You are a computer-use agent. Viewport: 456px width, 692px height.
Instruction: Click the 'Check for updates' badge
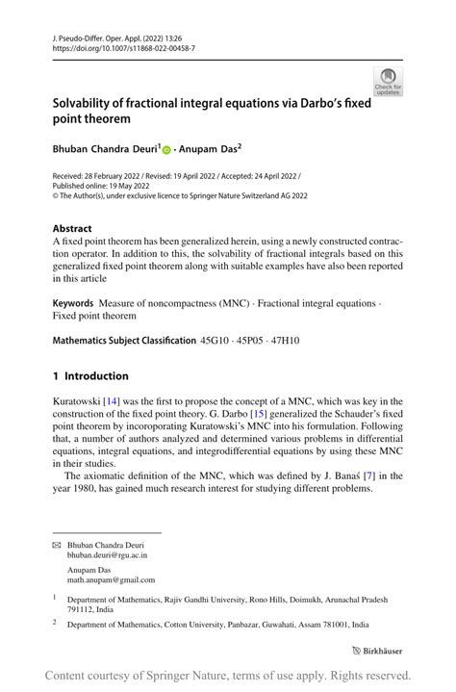(389, 81)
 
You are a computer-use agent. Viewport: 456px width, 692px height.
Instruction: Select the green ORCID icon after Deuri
(166, 150)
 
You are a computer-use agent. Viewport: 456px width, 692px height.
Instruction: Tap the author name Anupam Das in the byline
(207, 150)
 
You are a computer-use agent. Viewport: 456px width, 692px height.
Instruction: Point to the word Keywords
(73, 302)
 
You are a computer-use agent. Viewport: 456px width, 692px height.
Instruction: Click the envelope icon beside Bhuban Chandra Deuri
(56, 544)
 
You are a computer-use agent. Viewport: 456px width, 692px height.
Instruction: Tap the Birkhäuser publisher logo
(378, 650)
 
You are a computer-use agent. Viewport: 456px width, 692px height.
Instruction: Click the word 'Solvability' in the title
(90, 103)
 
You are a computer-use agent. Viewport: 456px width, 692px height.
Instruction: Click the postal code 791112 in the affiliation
(84, 609)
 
